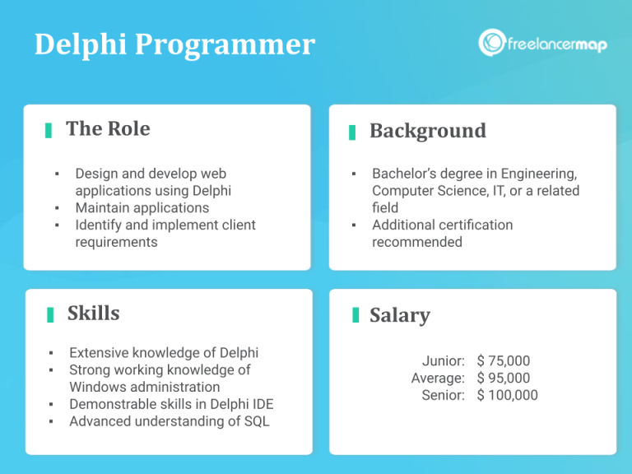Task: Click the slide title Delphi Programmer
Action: (x=174, y=44)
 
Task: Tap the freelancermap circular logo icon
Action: (x=492, y=43)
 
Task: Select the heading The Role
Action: (x=108, y=129)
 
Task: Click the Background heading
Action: (x=427, y=131)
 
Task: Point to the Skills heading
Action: (x=93, y=314)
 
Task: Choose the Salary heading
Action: (x=399, y=315)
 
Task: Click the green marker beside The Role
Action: (x=49, y=130)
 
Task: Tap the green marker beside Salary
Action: (x=355, y=315)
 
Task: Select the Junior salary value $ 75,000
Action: (x=503, y=361)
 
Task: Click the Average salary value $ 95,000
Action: (x=503, y=379)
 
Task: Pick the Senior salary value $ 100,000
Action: (x=507, y=396)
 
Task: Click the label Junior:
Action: (x=443, y=361)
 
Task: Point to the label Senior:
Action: (x=443, y=396)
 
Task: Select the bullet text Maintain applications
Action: (x=142, y=208)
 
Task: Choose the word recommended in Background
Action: (x=416, y=243)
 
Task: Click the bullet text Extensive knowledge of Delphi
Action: (x=164, y=353)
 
